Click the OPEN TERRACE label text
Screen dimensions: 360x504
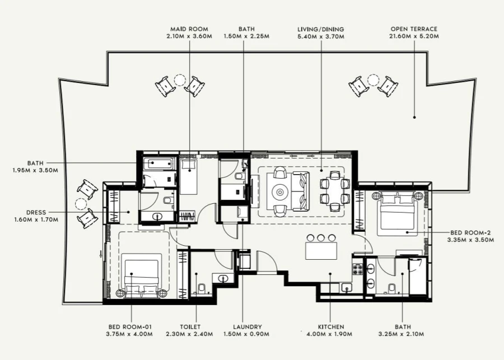(415, 29)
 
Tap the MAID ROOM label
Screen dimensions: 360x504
(190, 29)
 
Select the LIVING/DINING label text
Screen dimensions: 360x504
(321, 29)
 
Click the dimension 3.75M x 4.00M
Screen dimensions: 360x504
(130, 334)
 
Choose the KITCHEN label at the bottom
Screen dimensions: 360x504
(330, 327)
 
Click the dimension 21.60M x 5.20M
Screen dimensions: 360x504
(415, 36)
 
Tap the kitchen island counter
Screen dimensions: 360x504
(321, 250)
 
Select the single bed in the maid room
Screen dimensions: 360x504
(189, 176)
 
